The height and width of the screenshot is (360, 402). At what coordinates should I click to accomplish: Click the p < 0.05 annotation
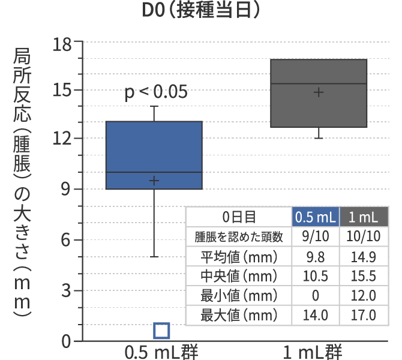click(156, 92)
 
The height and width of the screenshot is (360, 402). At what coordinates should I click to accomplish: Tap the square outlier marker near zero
click(161, 331)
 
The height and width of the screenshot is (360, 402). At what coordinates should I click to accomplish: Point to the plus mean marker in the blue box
click(154, 181)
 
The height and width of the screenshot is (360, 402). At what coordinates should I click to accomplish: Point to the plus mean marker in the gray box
click(319, 92)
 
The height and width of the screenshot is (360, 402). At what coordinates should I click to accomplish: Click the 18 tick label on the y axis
click(62, 43)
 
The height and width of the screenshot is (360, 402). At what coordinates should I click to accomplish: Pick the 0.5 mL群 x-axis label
click(161, 351)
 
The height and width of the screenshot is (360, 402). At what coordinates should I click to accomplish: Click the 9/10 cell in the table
click(316, 236)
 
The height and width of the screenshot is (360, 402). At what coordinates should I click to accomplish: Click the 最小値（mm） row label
click(239, 295)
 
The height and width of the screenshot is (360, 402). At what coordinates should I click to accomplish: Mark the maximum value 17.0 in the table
click(364, 314)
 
